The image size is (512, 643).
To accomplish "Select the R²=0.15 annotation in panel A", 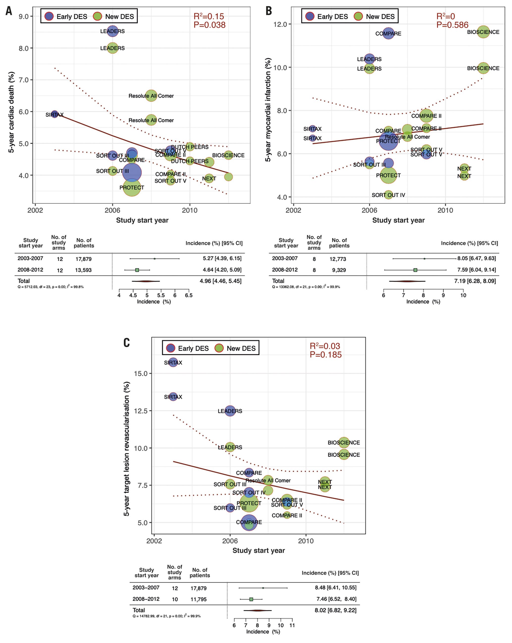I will (209, 16).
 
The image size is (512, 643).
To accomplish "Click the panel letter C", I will (126, 343).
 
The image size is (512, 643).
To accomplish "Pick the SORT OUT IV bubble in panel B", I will (388, 195).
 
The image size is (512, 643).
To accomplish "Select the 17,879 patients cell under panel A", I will (83, 259).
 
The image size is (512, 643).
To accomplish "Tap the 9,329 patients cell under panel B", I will (339, 270).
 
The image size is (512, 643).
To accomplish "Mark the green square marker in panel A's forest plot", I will (137, 270).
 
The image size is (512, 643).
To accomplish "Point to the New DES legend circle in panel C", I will (219, 348).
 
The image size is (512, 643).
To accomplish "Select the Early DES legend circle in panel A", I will (49, 16).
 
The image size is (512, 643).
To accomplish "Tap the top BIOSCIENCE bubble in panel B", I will (483, 32).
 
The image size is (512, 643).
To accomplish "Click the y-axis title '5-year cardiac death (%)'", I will (11, 112).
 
